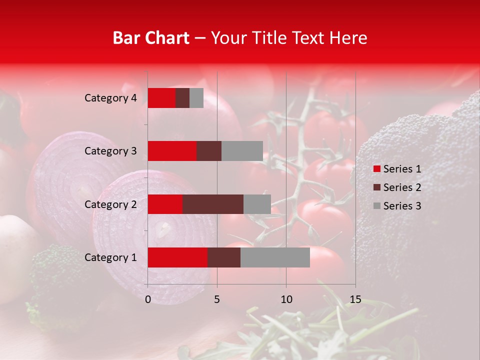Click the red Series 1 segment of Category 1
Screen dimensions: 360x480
pos(177,257)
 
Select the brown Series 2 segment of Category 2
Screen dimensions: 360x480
pos(213,204)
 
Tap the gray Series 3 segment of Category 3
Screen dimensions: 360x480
pos(242,151)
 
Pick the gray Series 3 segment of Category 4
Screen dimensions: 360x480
pos(196,98)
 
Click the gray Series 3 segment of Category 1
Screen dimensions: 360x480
pos(275,257)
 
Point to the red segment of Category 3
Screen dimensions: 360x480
pos(172,151)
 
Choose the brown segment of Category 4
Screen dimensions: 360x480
pos(182,98)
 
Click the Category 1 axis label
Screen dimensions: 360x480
pos(110,257)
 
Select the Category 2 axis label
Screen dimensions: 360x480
pos(110,204)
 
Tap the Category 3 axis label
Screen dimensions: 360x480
pos(110,151)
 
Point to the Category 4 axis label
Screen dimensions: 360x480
pos(110,98)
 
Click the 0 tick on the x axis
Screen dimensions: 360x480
pos(148,299)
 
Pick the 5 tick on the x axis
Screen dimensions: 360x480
pos(217,299)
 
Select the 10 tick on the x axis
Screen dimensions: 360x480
pos(286,299)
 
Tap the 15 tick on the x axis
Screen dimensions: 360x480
pos(355,299)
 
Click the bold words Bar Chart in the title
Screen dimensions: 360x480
pos(151,38)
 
